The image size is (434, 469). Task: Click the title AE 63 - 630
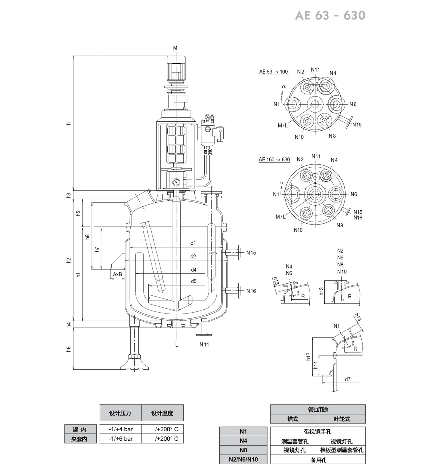330,15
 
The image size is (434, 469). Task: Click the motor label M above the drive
175,48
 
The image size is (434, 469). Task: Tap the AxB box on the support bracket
117,274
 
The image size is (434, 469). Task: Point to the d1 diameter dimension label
193,243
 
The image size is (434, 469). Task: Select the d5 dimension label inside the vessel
194,281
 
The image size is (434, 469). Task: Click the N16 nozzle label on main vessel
251,291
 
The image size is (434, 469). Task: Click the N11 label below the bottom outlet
204,344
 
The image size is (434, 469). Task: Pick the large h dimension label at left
69,123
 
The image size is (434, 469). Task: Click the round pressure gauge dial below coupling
176,182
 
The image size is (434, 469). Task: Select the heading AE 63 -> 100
274,72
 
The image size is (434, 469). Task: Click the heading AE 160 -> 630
274,160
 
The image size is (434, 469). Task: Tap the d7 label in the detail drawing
348,379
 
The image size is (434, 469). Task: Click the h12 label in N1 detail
309,356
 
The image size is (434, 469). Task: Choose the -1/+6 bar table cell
121,439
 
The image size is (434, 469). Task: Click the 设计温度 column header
162,413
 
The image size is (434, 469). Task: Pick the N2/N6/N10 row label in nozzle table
243,459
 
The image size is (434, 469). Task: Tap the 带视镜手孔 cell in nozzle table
318,432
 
